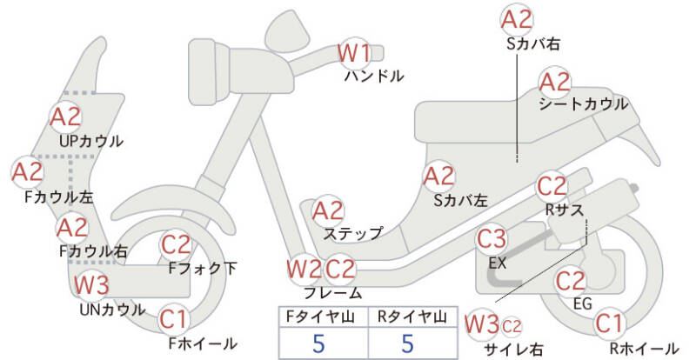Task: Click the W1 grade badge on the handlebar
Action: [354, 53]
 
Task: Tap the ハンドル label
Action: [374, 77]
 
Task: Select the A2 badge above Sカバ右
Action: [516, 20]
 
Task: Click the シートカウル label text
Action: [583, 103]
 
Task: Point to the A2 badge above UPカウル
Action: [66, 117]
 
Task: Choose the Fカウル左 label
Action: [59, 197]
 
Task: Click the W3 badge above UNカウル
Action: [91, 284]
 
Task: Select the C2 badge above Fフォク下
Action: [176, 245]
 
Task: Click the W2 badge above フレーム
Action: [304, 269]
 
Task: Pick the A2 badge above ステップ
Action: [328, 211]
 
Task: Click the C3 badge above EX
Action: [492, 239]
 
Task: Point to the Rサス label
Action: [564, 210]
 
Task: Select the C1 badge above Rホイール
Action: [610, 323]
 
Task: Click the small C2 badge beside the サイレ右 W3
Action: [512, 327]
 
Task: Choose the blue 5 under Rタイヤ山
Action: [407, 343]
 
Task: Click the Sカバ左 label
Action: [461, 201]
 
